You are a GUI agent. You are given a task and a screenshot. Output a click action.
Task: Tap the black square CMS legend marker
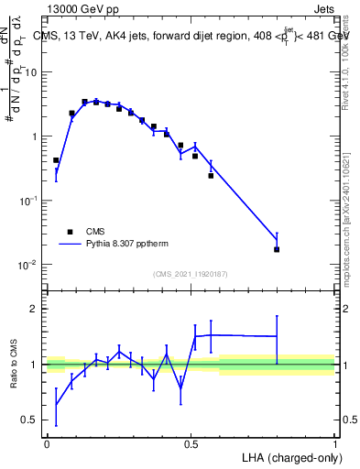click(x=70, y=232)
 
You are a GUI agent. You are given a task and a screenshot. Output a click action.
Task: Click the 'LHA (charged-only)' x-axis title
click(x=291, y=456)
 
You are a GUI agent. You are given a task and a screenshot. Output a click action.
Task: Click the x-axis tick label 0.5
click(x=191, y=443)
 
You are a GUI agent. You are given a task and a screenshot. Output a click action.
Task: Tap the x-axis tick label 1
click(x=335, y=443)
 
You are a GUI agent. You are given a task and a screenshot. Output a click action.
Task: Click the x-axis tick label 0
click(x=47, y=443)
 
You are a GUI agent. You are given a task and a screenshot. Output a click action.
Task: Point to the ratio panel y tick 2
click(x=35, y=309)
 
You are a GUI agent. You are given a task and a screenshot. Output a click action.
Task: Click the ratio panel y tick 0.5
click(x=30, y=420)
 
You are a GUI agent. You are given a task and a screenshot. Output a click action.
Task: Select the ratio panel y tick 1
click(x=35, y=365)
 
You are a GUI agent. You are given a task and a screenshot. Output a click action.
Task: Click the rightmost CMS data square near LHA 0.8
click(x=277, y=249)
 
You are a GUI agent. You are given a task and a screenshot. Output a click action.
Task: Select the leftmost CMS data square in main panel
click(x=56, y=160)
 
